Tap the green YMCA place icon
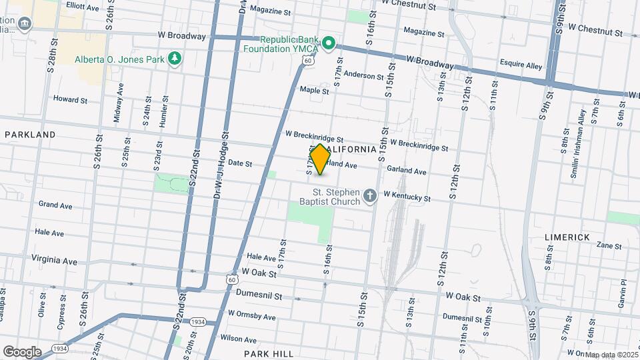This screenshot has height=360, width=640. (328, 44)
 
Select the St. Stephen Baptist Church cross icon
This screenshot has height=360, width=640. (371, 196)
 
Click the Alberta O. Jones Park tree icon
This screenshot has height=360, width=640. (175, 59)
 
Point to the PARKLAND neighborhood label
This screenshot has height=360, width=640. (30, 135)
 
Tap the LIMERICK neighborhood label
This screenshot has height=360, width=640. (567, 237)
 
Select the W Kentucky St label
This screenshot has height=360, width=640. (407, 198)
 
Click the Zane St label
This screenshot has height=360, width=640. (609, 246)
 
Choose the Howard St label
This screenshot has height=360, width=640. (70, 99)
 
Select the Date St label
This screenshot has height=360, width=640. (239, 163)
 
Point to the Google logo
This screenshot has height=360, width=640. (21, 352)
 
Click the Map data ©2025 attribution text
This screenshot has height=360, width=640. (610, 355)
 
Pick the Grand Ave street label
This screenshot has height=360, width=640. (55, 205)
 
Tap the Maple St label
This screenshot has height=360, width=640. (315, 90)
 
